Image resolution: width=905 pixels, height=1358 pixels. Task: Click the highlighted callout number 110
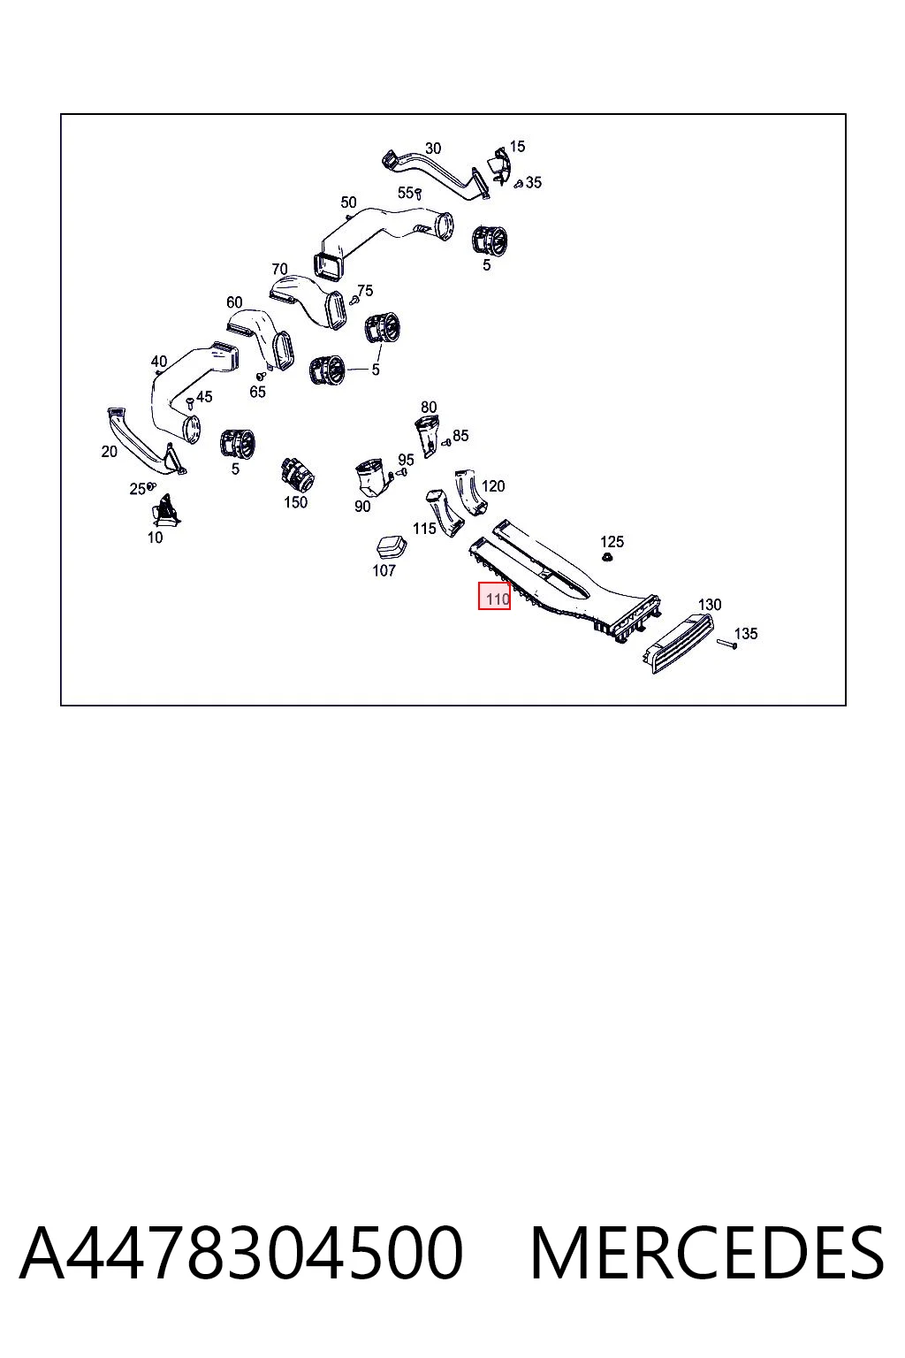click(497, 599)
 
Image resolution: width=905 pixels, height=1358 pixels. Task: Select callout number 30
click(433, 149)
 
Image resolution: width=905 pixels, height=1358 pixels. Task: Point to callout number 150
click(296, 502)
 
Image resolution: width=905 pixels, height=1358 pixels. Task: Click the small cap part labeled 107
click(391, 547)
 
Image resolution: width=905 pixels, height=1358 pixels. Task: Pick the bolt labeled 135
click(726, 645)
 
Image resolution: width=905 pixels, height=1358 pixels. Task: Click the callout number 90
click(361, 507)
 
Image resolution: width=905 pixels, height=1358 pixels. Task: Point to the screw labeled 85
click(446, 443)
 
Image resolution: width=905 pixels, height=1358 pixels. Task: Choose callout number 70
click(279, 269)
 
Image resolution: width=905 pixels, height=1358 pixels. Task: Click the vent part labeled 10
click(165, 510)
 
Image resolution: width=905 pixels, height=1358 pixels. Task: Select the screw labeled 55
click(418, 194)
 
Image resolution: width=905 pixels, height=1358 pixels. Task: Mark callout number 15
click(517, 146)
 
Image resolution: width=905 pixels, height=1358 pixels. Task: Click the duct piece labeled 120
click(471, 492)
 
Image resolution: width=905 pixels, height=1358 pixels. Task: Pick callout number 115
click(424, 529)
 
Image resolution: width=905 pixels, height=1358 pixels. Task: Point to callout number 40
click(159, 362)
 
